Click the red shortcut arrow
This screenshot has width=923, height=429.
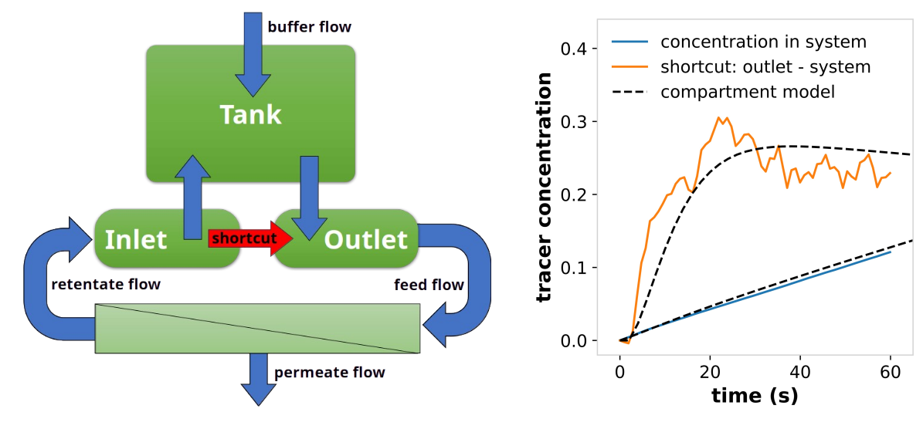coord(251,238)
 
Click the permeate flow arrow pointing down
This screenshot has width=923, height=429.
coord(259,379)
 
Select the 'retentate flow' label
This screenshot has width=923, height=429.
coord(106,285)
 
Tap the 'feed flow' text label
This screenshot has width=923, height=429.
coord(429,285)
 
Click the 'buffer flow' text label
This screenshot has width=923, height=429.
coord(310,27)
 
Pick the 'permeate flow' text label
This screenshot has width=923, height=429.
coord(330,373)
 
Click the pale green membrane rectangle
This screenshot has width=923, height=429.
coord(257,329)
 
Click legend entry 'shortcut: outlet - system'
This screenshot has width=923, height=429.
coord(741,66)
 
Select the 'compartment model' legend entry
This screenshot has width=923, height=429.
coord(724,92)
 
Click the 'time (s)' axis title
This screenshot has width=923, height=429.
coord(755,396)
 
